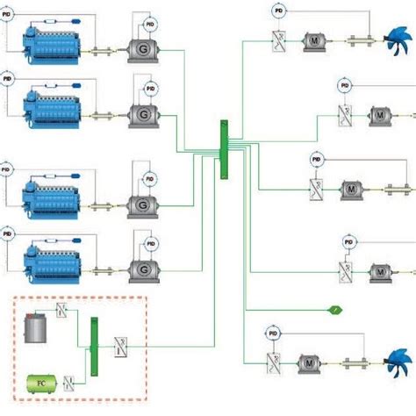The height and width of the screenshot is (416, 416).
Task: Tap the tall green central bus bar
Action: pos(224,149)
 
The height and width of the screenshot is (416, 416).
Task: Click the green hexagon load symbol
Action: pos(335,309)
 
